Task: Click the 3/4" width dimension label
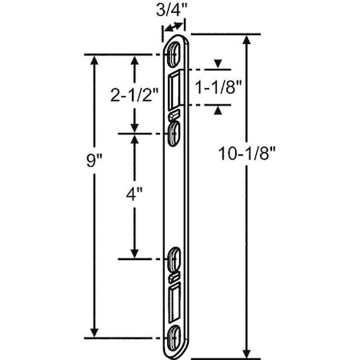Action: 174,11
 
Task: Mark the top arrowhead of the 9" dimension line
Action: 97,60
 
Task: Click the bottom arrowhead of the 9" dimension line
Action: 97,330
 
